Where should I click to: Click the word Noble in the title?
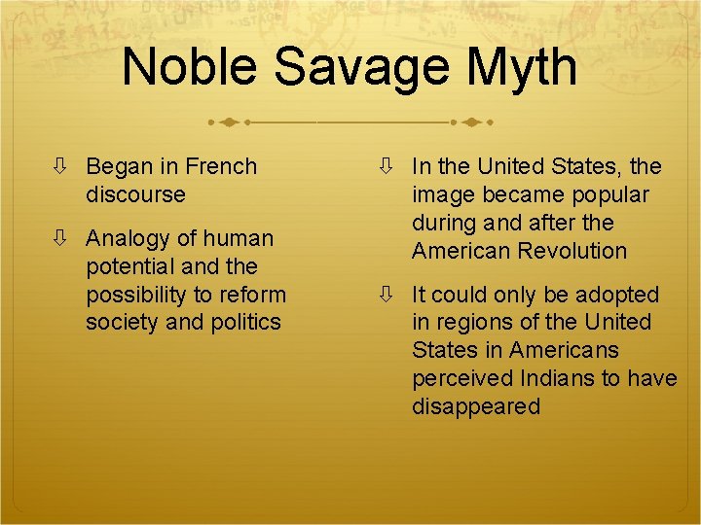click(191, 67)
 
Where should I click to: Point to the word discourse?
click(135, 193)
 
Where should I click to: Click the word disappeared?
click(475, 406)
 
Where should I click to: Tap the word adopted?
click(617, 295)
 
